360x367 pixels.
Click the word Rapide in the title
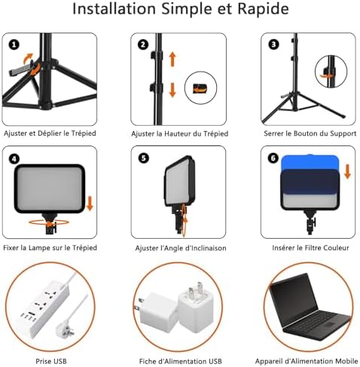tap(263, 9)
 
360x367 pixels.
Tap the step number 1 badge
tap(14, 45)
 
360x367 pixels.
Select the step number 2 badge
tap(143, 45)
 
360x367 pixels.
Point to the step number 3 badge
tap(273, 45)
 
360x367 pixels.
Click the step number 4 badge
tap(14, 159)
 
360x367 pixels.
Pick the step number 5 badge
tap(143, 158)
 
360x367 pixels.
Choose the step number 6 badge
tap(273, 158)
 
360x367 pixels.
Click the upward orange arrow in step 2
tap(172, 59)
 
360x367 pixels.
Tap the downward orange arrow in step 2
tap(172, 90)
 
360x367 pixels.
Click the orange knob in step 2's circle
tap(200, 88)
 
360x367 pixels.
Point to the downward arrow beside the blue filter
tap(347, 171)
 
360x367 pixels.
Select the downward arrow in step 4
tap(90, 203)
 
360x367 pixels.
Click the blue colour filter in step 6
tap(310, 162)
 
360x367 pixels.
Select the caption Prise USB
tap(51, 361)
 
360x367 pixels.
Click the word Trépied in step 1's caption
tap(84, 133)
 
